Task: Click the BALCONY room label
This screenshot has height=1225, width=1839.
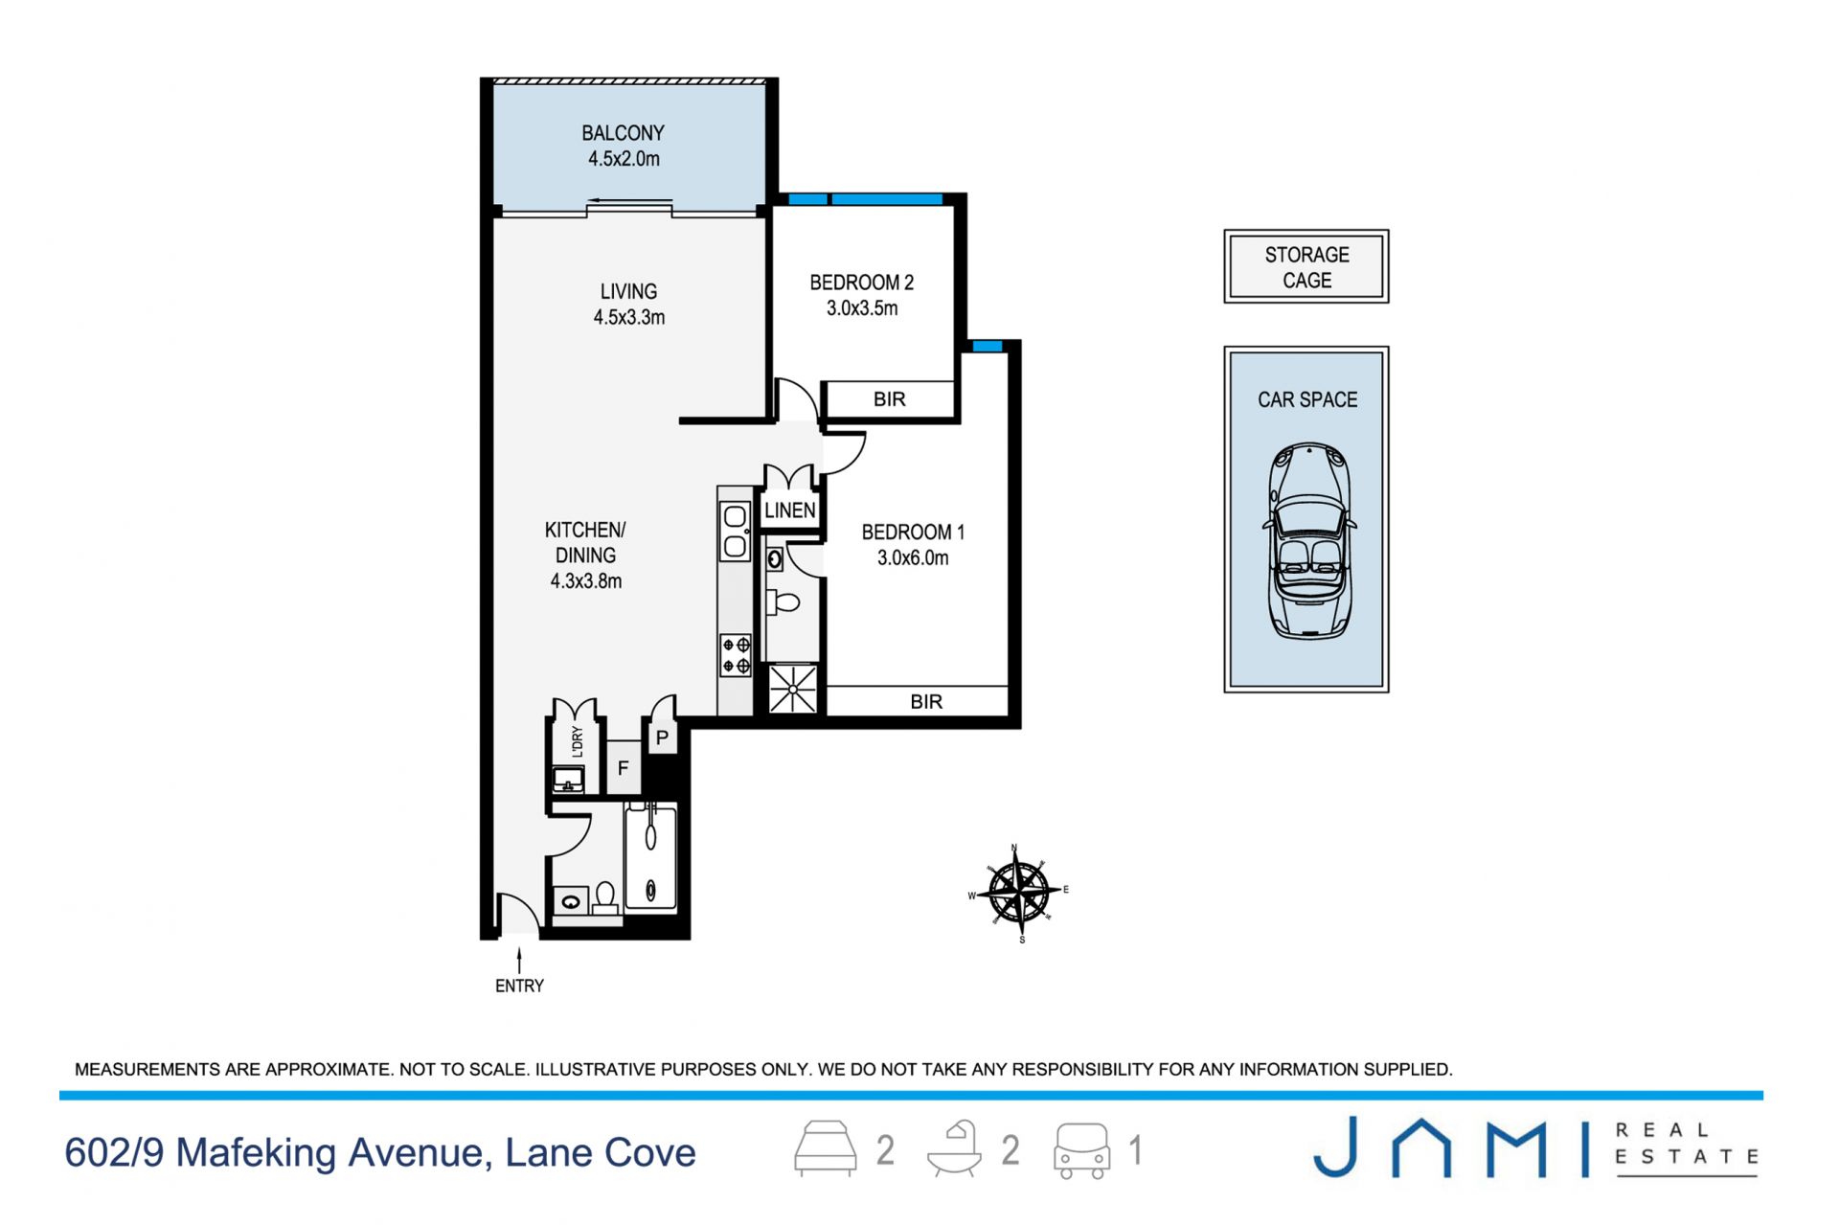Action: coord(623,133)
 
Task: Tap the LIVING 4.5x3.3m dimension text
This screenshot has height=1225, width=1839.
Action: coord(628,317)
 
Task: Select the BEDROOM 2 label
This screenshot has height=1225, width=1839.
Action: coord(861,283)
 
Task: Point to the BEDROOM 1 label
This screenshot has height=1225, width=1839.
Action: coord(913,532)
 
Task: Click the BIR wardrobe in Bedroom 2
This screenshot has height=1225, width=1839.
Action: coord(890,398)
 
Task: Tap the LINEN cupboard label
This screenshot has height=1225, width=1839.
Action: coord(790,510)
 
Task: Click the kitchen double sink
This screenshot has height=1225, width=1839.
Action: coord(736,532)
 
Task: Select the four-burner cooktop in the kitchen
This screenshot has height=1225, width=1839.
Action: coord(737,655)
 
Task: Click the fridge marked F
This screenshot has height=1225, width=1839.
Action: coord(623,767)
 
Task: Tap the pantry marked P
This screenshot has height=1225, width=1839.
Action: coord(662,737)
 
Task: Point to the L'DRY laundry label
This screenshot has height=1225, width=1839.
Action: coord(577,740)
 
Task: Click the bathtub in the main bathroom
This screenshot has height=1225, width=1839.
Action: coord(650,858)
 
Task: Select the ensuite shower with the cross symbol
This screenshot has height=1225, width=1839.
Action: coord(793,689)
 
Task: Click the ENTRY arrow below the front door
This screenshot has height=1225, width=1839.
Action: coord(519,961)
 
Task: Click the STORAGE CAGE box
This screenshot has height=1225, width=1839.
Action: coord(1306,266)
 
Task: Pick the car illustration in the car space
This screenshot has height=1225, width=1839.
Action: coord(1309,540)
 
